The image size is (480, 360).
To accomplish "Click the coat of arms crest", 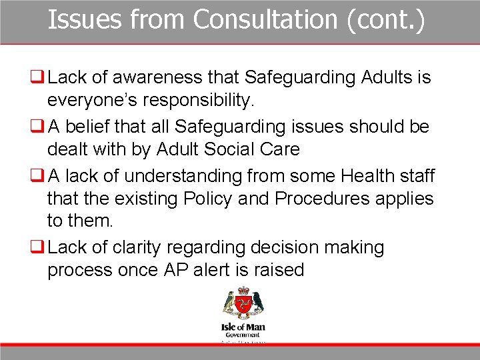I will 243,304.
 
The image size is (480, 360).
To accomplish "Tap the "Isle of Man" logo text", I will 243,328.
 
